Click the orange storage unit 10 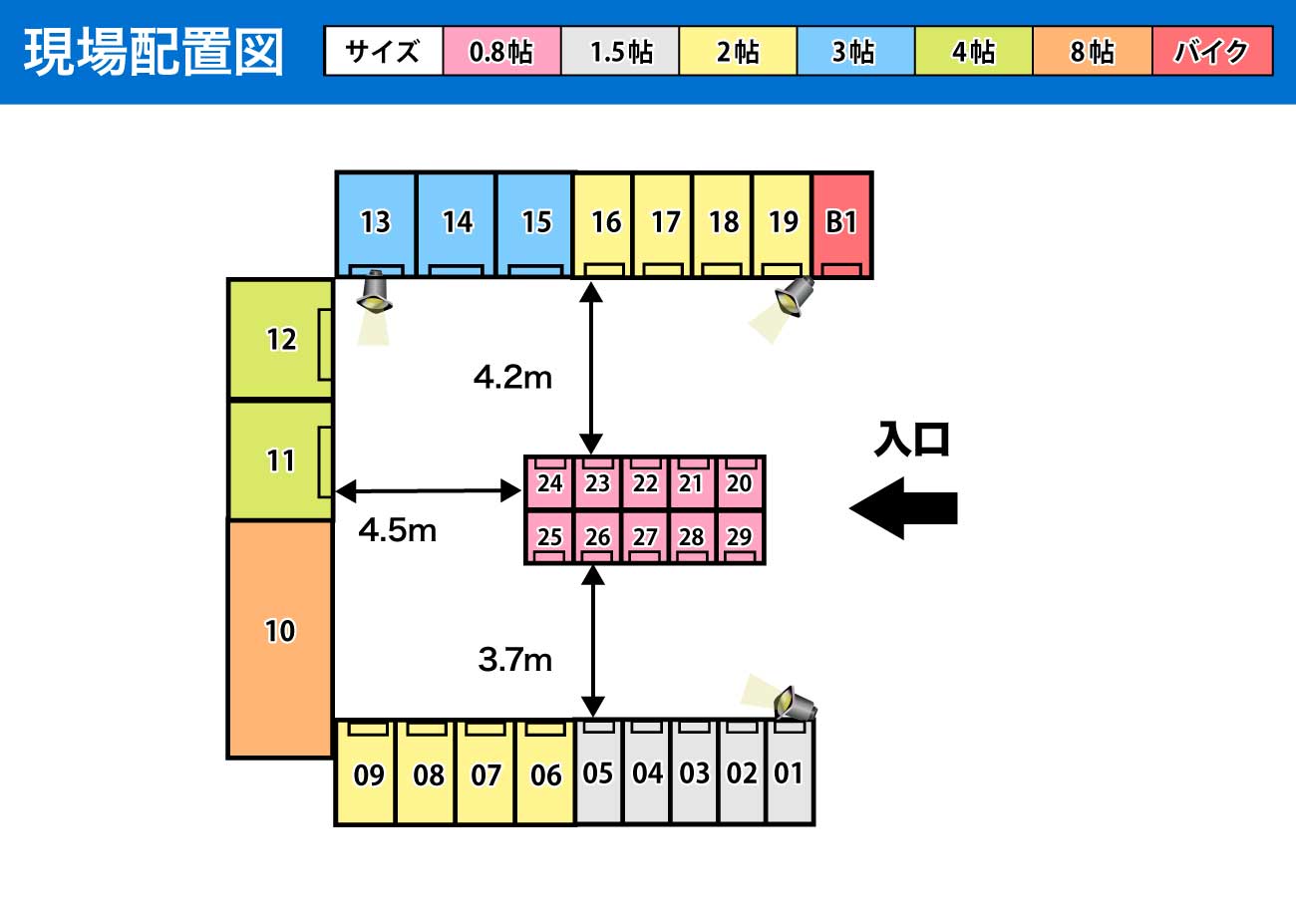280,638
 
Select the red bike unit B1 842,224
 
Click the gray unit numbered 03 694,772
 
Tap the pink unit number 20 740,482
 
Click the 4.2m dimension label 512,378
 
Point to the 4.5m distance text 397,531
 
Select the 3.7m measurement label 514,659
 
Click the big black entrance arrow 903,508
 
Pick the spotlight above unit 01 796,704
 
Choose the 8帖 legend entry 1093,52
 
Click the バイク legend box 1212,52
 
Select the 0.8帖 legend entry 501,52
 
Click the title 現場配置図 154,52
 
